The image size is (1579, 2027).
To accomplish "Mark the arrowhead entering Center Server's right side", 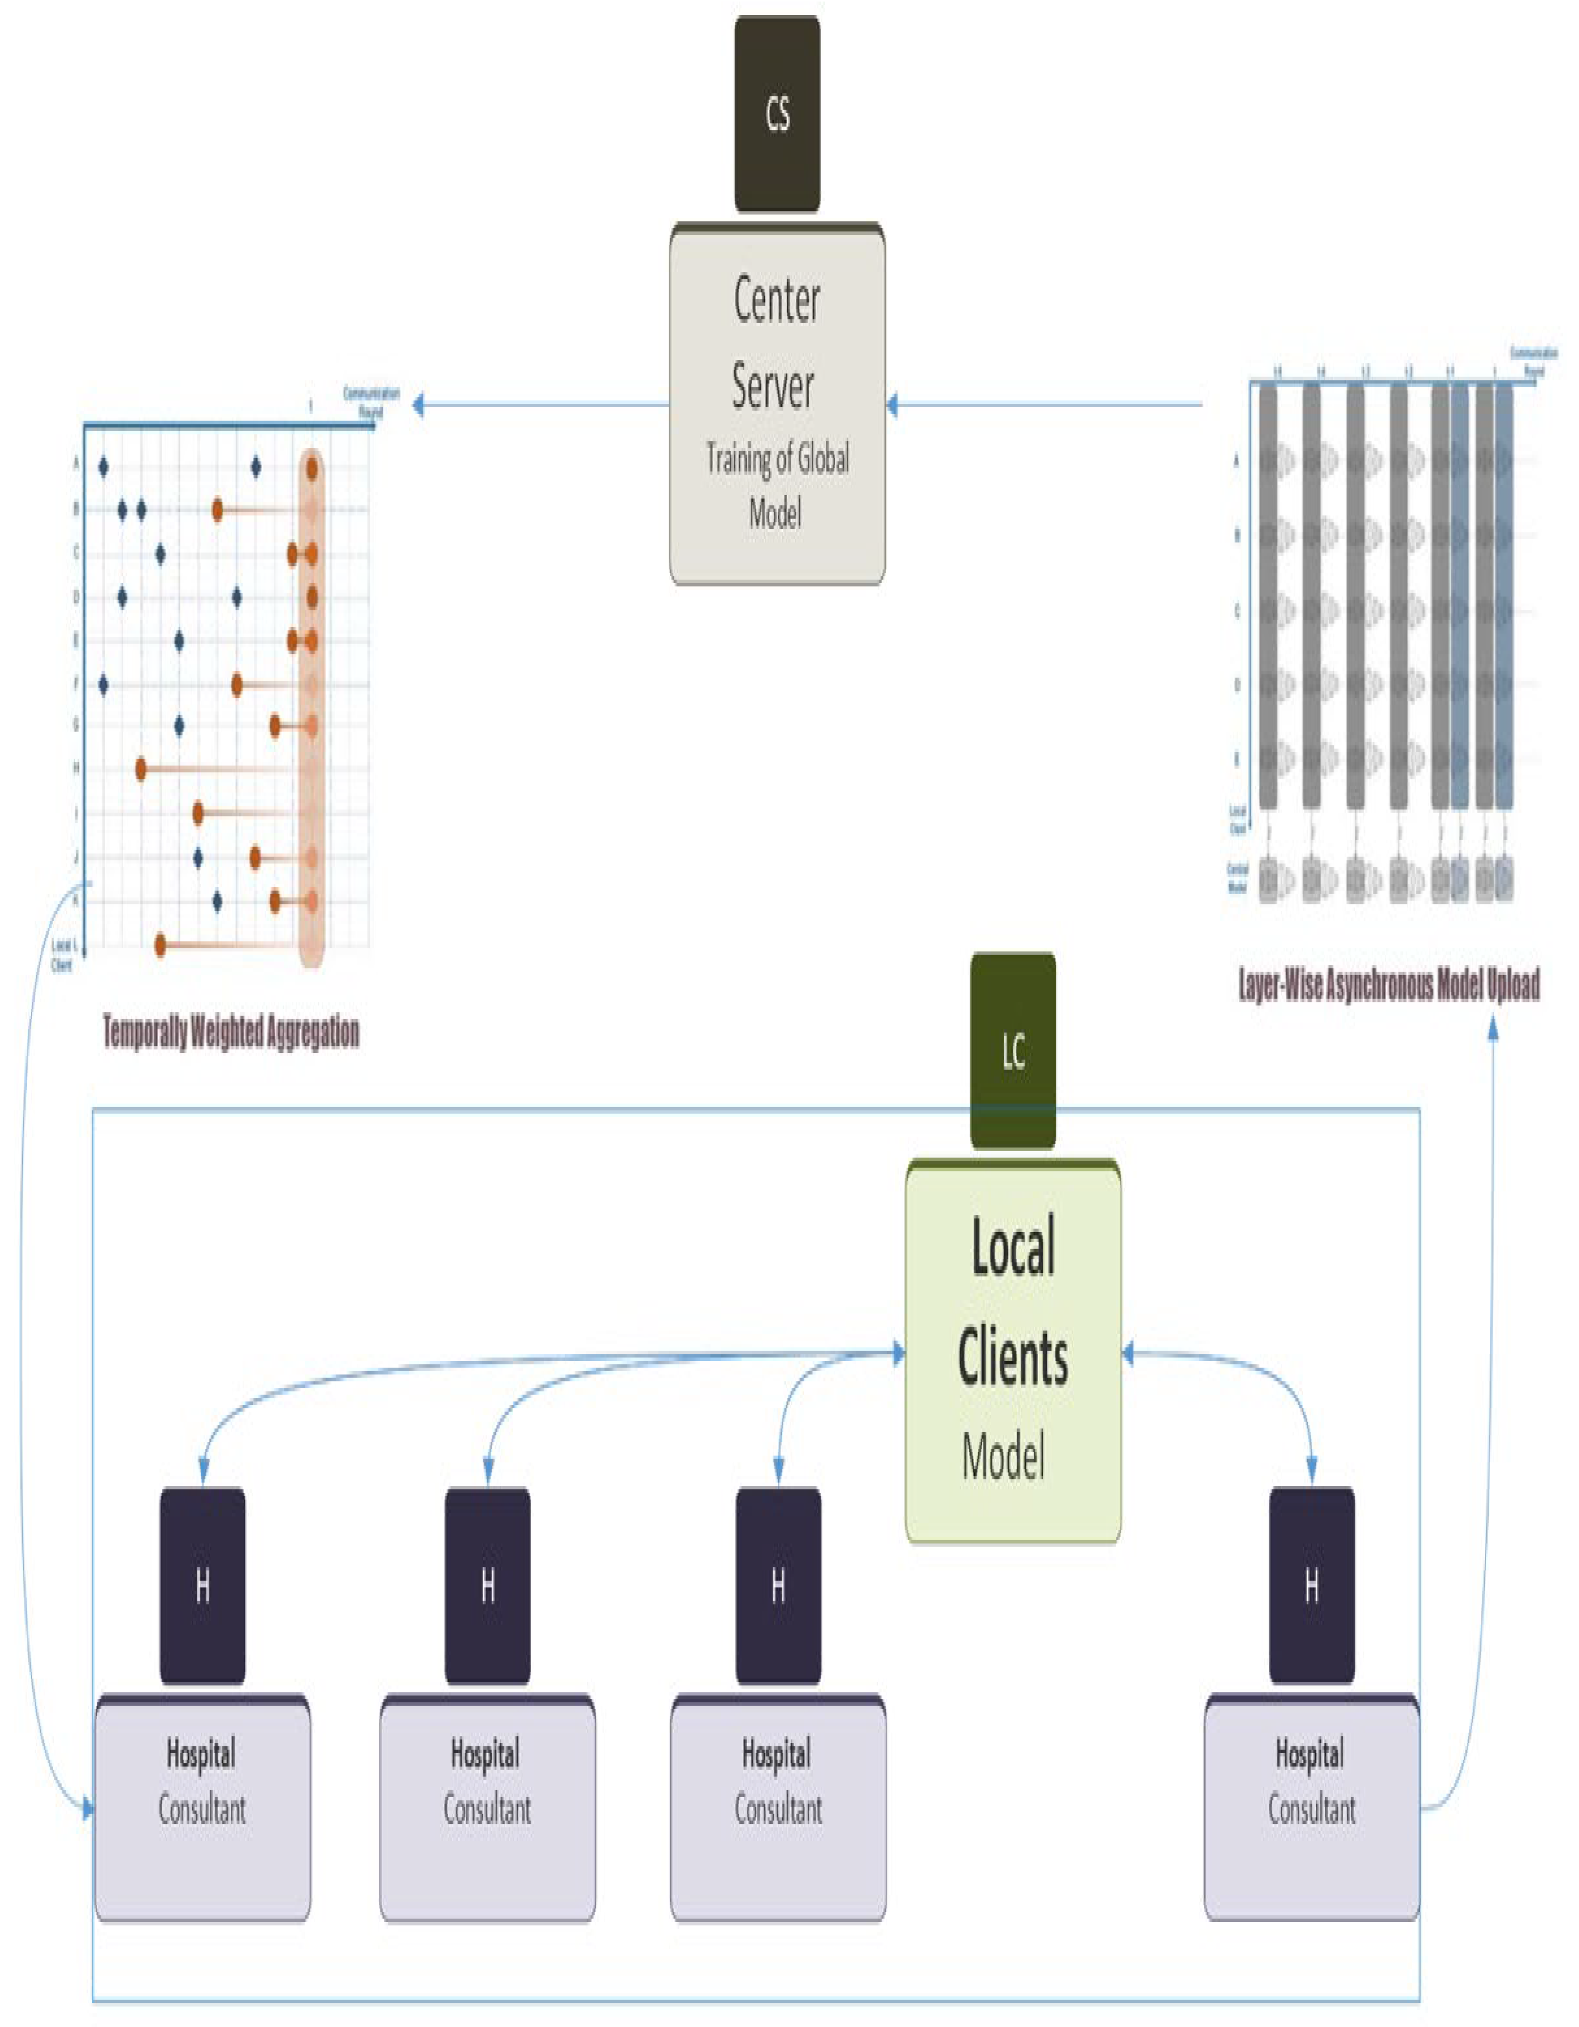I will tap(892, 405).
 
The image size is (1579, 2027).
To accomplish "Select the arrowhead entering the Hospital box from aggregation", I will tap(88, 1808).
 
